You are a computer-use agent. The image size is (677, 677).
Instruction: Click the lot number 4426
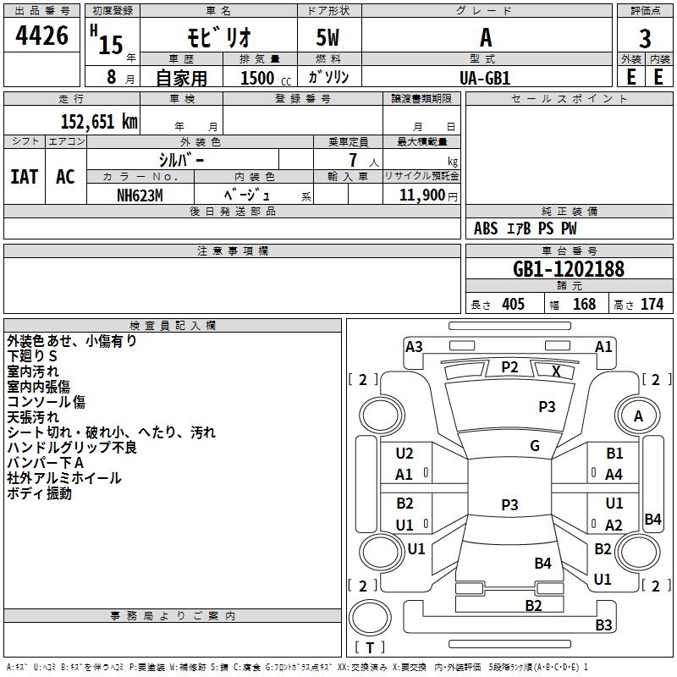pos(42,36)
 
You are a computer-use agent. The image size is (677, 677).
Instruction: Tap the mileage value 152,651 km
pos(99,121)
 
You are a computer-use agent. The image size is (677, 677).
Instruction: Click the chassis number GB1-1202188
pos(569,269)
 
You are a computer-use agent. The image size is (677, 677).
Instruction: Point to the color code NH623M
pos(139,195)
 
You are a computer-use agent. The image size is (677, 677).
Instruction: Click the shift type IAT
pos(24,176)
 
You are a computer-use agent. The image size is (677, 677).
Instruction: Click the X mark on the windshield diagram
pos(556,371)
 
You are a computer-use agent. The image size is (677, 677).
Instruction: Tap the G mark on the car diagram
pos(534,446)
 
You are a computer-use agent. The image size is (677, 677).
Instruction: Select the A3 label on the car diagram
pos(414,346)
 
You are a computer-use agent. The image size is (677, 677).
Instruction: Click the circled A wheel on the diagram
pos(638,416)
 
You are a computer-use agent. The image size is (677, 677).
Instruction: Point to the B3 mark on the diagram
pos(603,625)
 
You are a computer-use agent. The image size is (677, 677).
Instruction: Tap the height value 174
pos(651,305)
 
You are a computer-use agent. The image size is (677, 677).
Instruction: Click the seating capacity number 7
pos(352,159)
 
